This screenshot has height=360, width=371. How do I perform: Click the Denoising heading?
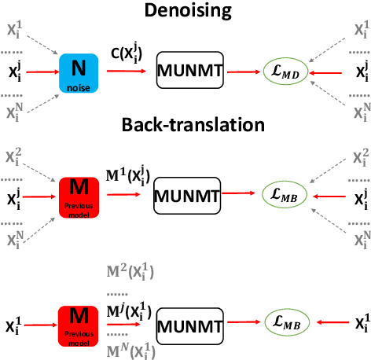tap(186, 11)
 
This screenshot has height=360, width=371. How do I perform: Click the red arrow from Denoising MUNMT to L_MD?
tap(244, 72)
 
